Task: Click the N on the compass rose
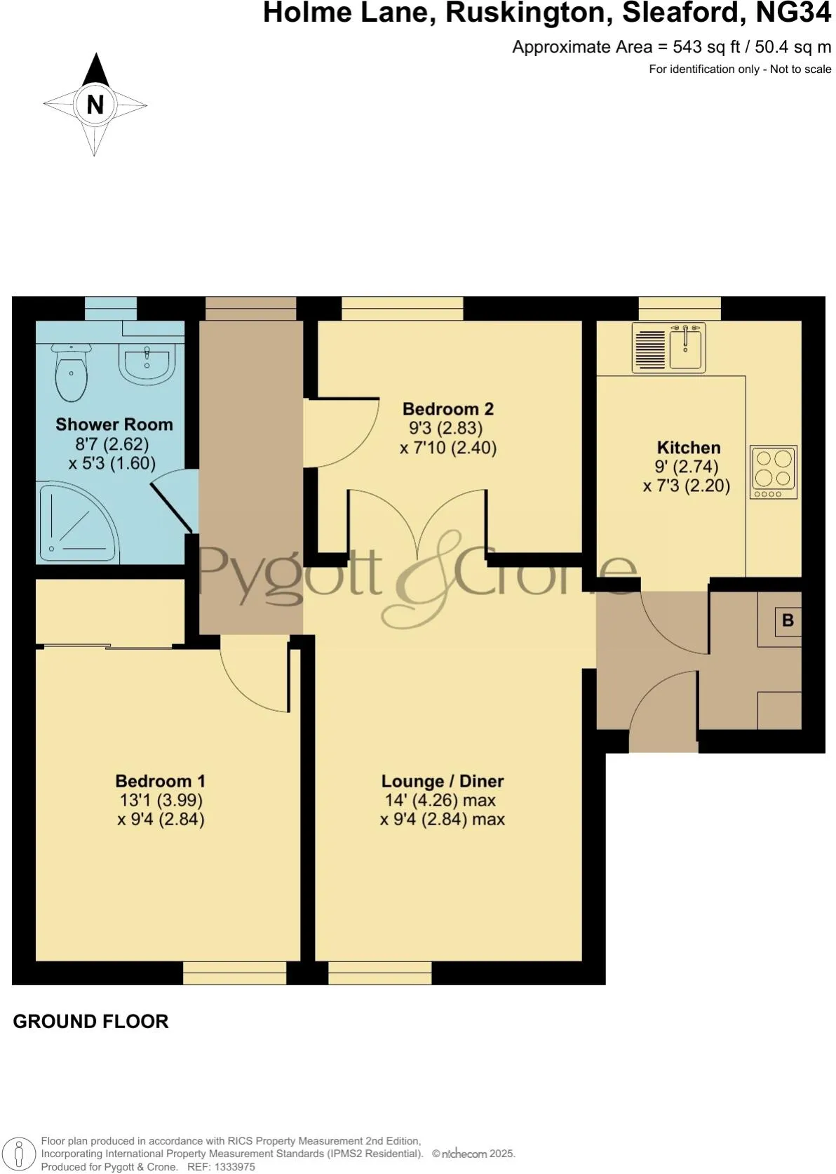pos(95,105)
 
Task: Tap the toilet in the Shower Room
pos(71,371)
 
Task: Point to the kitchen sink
pos(686,347)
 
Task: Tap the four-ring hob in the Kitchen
pos(773,471)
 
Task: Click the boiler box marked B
pos(788,620)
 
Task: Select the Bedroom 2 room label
pos(448,408)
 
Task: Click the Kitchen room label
pos(688,447)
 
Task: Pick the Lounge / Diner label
pos(443,780)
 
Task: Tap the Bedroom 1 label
pos(161,780)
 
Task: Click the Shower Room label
pos(114,424)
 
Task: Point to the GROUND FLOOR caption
pos(91,1021)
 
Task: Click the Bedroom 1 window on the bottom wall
pos(235,973)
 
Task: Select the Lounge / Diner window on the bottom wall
pos(379,973)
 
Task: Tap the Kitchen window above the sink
pos(680,308)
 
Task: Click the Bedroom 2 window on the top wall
pos(402,308)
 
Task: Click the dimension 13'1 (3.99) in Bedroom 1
pos(161,800)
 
